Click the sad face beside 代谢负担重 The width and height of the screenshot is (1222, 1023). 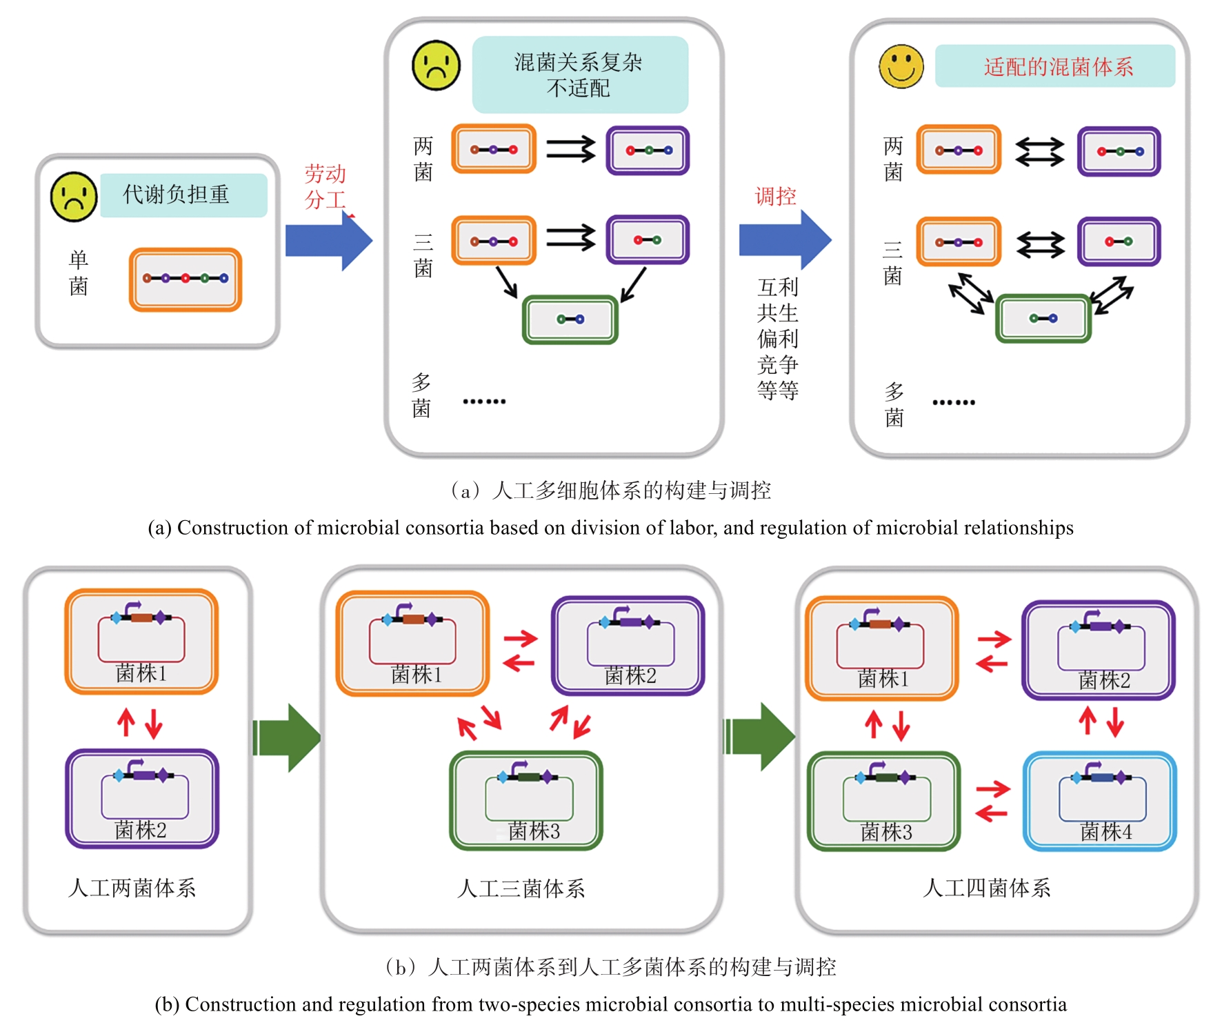click(74, 197)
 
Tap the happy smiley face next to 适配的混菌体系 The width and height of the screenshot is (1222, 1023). click(901, 67)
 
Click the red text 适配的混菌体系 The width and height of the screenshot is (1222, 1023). click(1058, 67)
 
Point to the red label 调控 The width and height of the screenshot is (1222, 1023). click(776, 197)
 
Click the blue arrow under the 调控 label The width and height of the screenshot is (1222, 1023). click(785, 240)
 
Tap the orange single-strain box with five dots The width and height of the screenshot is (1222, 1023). click(186, 279)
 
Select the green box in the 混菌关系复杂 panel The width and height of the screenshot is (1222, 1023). click(570, 319)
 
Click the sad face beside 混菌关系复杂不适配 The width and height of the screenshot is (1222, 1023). click(436, 66)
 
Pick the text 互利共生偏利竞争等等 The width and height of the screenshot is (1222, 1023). click(778, 338)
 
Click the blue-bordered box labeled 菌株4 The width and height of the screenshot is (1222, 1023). click(1100, 801)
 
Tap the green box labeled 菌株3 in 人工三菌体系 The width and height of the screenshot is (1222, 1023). click(526, 800)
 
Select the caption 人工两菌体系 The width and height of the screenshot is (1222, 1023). click(132, 888)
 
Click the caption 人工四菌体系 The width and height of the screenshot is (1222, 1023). click(986, 888)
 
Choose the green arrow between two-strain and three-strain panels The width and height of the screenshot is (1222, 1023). click(287, 737)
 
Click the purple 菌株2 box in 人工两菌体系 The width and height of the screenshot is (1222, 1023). click(142, 798)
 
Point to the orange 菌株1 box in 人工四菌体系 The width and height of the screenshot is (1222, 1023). click(882, 648)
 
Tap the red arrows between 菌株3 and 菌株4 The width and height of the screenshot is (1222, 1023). click(993, 801)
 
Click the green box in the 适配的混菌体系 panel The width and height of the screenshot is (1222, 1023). click(1043, 319)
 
